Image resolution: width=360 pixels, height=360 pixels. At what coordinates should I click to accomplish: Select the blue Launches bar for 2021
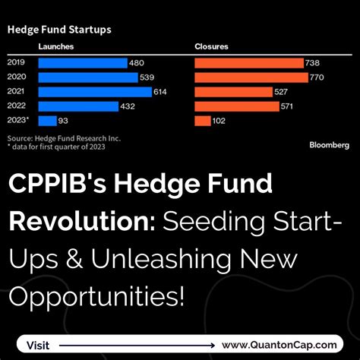pos(91,92)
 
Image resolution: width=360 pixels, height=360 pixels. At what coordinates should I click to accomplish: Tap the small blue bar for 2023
pos(48,121)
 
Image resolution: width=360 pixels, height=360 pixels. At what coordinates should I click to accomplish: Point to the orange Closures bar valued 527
pos(233,92)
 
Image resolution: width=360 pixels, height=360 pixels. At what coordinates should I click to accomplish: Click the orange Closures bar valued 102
pos(203,121)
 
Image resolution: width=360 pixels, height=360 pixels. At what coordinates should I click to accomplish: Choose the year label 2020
pos(17,77)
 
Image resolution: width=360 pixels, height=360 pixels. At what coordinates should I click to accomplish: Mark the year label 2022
pos(17,106)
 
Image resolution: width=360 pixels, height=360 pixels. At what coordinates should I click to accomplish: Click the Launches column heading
pos(56,47)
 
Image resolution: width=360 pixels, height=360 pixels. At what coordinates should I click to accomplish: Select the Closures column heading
pos(213,47)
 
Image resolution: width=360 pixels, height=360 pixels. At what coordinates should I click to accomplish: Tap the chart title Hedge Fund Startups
pos(59,30)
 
